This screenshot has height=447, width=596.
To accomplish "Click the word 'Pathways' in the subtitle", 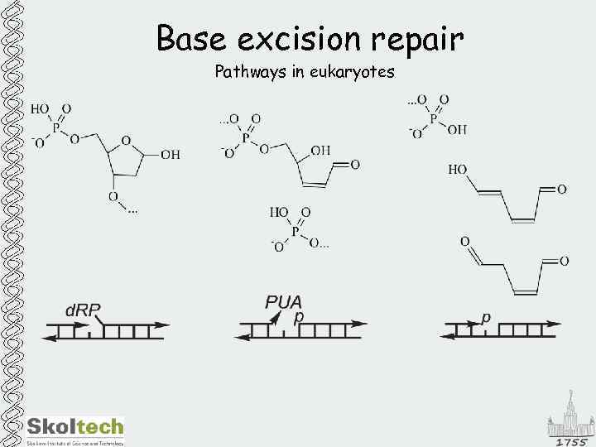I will [x=250, y=72].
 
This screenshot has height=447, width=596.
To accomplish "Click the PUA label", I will [x=283, y=302].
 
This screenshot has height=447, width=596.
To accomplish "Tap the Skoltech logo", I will [x=75, y=428].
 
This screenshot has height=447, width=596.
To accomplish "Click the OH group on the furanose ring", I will [x=170, y=154].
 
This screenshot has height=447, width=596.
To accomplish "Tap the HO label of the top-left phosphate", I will [x=40, y=108].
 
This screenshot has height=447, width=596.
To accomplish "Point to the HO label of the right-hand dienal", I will [x=457, y=169].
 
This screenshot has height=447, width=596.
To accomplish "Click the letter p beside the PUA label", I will [x=300, y=316].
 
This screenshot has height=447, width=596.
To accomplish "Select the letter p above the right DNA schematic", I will [x=486, y=316].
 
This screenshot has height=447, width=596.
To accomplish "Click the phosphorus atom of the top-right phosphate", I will [x=433, y=116].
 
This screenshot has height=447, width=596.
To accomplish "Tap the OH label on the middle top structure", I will [x=320, y=150].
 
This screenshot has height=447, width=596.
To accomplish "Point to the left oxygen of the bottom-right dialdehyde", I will [x=465, y=241].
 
